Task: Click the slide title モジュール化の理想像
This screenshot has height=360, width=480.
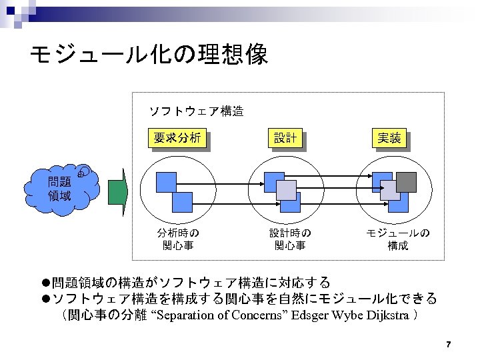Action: coord(149,55)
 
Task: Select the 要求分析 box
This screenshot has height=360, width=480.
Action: coord(177,139)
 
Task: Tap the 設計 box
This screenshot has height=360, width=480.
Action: coord(285,139)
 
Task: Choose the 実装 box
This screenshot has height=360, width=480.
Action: coord(389,139)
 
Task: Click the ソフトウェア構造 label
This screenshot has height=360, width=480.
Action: coord(195,111)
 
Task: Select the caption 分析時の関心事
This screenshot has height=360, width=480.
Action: coord(178,239)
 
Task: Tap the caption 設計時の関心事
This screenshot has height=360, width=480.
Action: coord(290,239)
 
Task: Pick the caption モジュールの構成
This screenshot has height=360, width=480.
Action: coord(398,239)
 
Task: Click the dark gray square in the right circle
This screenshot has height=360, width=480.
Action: coord(406,182)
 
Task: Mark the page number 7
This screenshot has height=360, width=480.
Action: coord(449,345)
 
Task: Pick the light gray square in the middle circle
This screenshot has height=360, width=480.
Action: coord(287,191)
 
